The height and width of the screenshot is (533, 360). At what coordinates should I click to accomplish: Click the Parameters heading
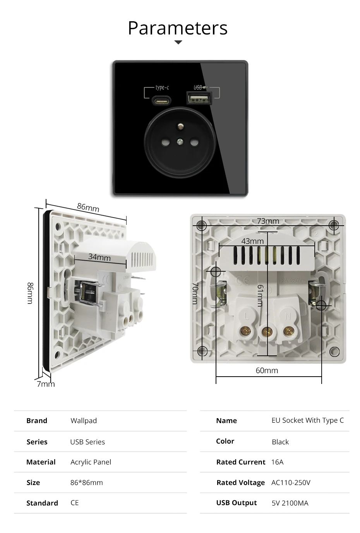178,28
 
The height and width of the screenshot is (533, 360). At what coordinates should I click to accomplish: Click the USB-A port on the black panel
199,98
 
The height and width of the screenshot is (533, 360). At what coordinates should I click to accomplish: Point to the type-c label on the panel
162,87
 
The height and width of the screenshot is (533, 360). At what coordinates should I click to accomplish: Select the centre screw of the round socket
180,142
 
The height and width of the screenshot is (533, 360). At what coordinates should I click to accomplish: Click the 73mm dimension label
268,221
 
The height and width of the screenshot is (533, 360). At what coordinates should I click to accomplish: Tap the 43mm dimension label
252,241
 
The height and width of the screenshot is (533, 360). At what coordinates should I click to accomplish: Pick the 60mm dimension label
267,370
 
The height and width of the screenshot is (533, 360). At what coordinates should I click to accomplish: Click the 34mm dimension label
99,257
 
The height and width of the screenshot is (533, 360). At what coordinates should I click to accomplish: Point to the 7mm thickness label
46,384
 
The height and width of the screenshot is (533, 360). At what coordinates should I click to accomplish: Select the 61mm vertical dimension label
261,295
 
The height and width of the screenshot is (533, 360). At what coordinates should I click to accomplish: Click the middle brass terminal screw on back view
267,331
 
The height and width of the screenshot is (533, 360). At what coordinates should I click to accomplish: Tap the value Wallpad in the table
84,421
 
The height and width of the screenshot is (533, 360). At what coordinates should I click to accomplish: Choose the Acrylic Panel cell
91,462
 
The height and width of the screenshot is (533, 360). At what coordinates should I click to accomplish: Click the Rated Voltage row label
240,483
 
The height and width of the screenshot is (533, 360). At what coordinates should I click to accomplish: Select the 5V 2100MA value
290,503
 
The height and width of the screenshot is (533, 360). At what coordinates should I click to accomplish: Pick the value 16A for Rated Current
277,462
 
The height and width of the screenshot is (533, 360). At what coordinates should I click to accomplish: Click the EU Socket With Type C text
307,420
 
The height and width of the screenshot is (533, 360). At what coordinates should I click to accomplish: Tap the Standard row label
42,503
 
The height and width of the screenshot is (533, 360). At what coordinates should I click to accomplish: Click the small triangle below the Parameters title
178,43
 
